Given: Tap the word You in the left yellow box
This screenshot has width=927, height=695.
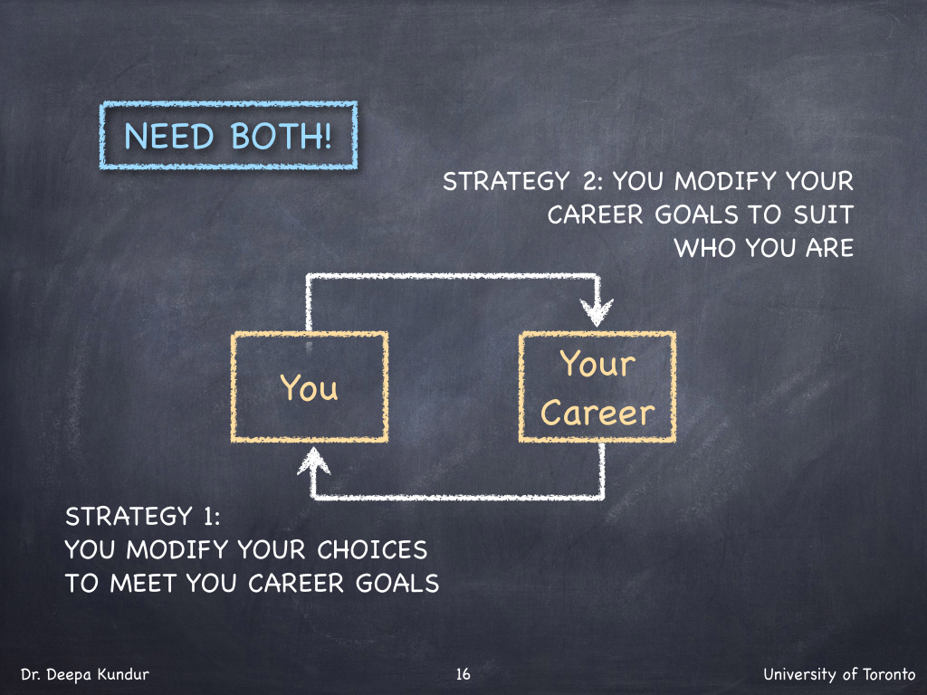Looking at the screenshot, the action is click(310, 387).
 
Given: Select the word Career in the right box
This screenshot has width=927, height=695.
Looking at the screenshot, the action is click(597, 413).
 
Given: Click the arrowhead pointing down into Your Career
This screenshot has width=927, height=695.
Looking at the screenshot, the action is click(597, 311).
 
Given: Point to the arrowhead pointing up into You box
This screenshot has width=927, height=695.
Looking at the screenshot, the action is click(313, 460).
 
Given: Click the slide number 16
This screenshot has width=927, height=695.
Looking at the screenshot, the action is click(463, 673).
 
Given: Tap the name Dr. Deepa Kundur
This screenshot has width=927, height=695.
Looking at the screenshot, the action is click(85, 674).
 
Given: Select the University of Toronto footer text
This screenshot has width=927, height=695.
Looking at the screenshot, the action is click(839, 674).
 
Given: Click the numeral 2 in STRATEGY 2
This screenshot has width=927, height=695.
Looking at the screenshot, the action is click(590, 181).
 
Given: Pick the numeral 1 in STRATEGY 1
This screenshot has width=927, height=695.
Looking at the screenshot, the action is click(208, 517).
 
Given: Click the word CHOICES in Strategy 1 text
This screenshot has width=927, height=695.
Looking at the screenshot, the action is click(372, 550).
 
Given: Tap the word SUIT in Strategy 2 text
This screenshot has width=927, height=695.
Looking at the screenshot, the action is click(824, 214).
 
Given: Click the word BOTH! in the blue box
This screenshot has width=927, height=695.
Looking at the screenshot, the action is click(282, 137).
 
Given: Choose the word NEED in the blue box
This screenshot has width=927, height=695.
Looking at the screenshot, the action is click(169, 137).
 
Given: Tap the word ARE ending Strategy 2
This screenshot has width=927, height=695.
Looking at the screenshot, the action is click(829, 248).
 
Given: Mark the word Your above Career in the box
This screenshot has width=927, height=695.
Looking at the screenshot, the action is click(597, 363).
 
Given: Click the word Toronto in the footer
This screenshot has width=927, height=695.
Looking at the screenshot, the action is click(889, 674).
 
